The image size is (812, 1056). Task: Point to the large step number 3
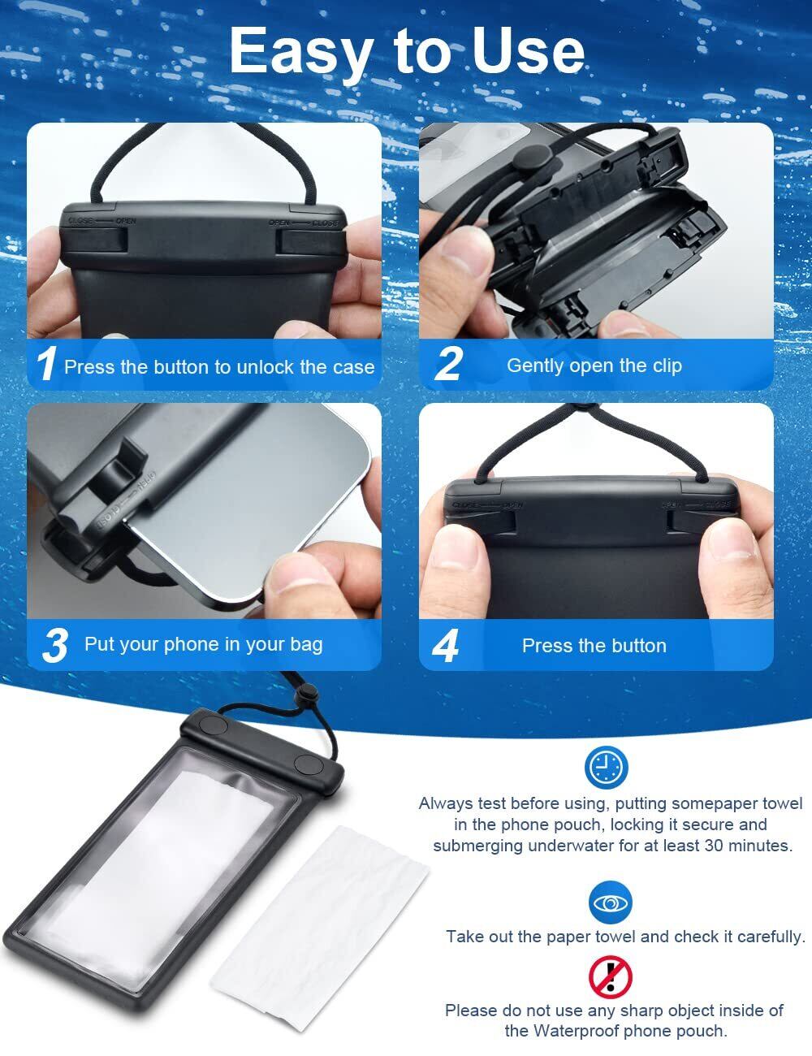click(x=55, y=645)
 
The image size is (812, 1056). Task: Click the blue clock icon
click(x=606, y=768)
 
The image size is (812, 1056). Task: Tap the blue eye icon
click(x=610, y=903)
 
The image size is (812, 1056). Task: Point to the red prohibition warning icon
click(x=610, y=977)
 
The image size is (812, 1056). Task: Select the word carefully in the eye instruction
click(x=771, y=937)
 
